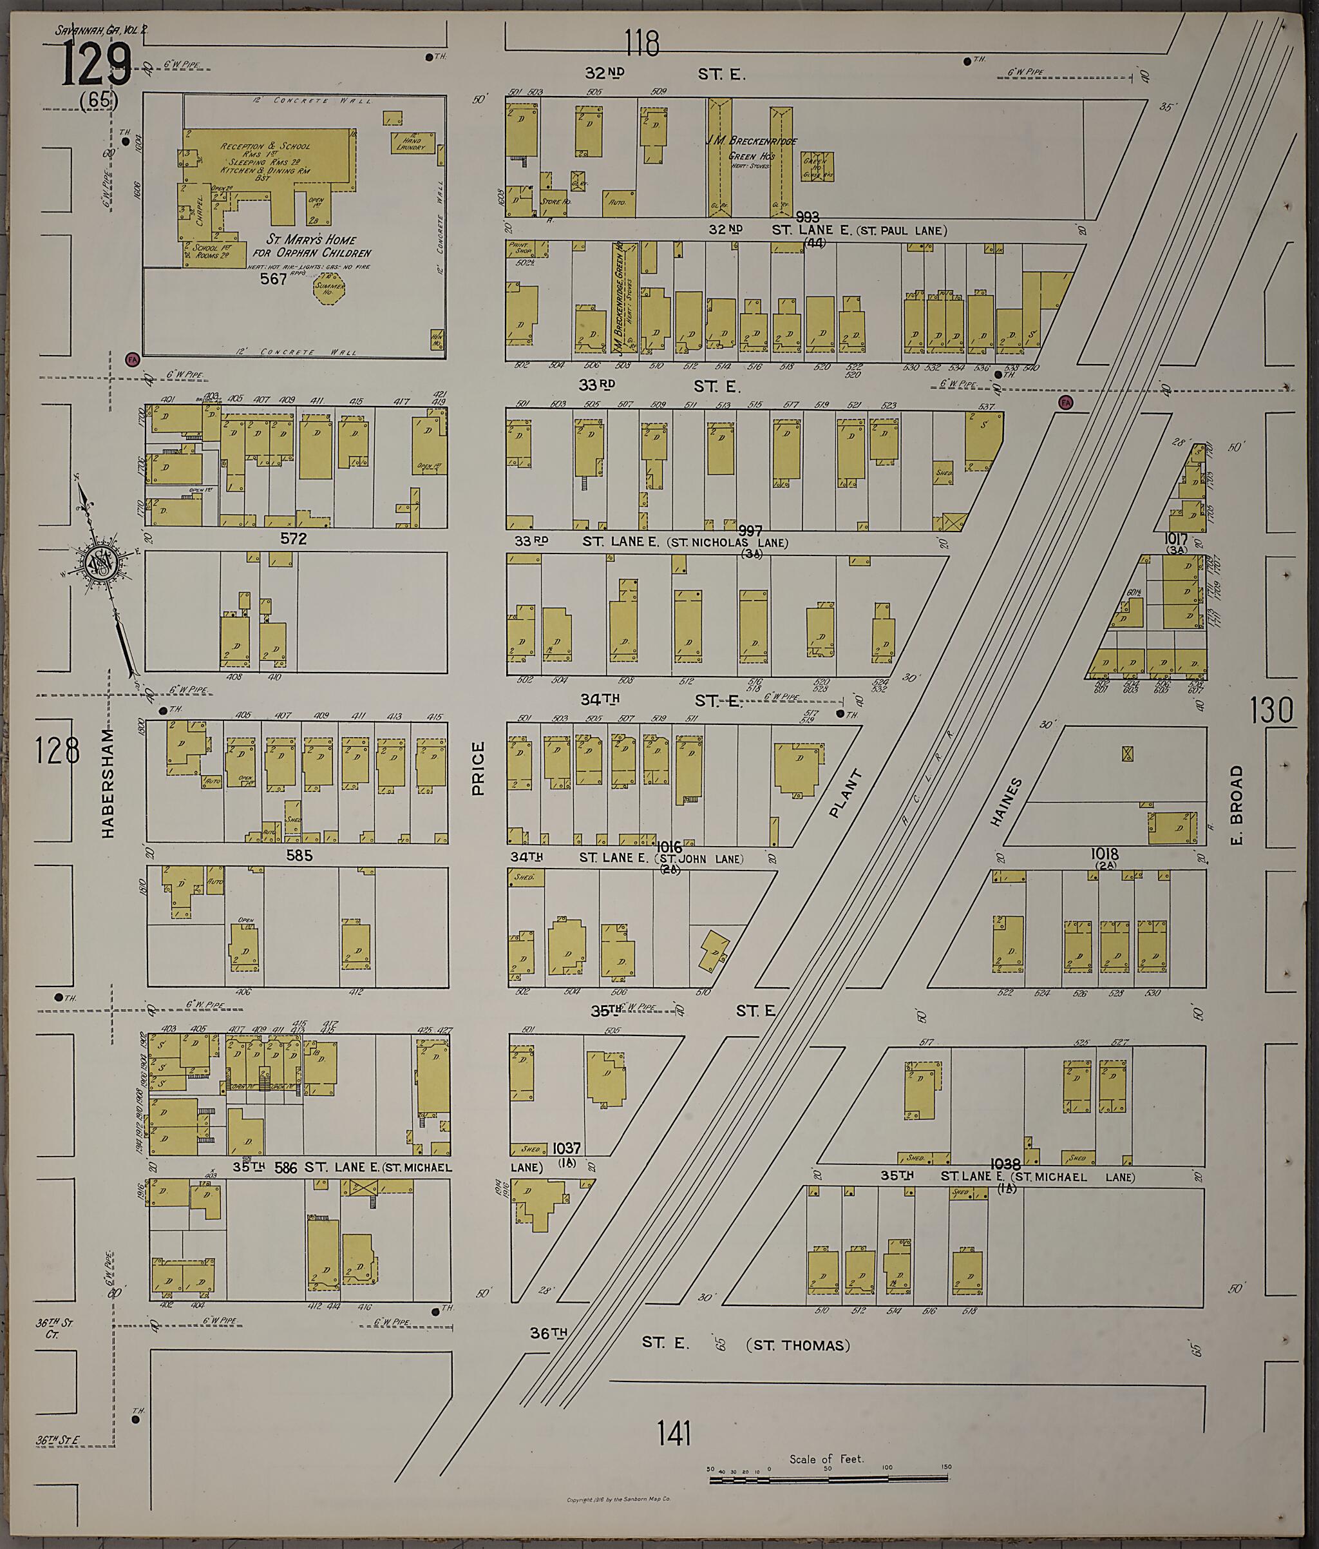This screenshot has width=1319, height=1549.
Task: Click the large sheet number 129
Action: [97, 64]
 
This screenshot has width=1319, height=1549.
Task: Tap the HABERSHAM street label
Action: [109, 782]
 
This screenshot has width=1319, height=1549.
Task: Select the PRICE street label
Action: [479, 768]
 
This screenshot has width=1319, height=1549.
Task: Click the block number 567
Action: [274, 279]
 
